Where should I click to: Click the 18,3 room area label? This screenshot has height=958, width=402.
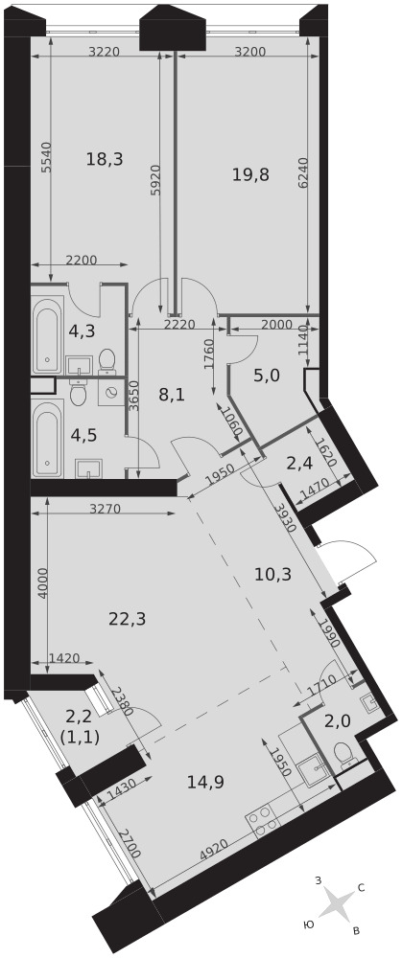[x=105, y=159]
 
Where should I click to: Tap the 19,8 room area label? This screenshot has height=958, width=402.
[x=250, y=174]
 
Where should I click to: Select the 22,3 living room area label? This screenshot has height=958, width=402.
[x=128, y=619]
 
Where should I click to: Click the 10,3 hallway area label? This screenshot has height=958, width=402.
[x=272, y=574]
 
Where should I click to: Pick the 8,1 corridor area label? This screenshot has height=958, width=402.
[x=172, y=394]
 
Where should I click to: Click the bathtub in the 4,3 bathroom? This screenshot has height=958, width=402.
[x=48, y=334]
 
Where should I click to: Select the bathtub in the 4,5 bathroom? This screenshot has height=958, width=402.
[x=48, y=438]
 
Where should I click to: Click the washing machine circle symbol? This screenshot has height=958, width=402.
[x=111, y=393]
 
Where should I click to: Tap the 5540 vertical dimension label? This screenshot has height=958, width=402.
[x=46, y=161]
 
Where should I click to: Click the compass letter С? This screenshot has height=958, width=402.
[x=361, y=888]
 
